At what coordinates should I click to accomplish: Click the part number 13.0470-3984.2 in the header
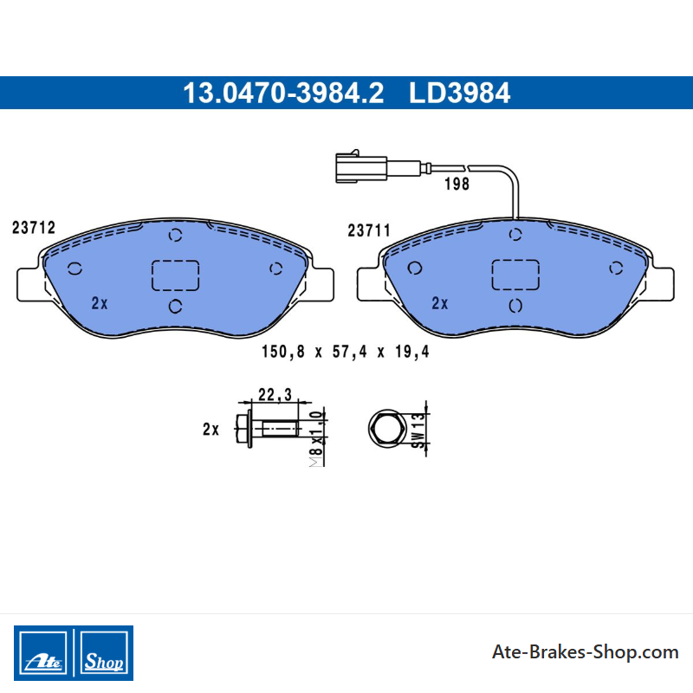click(283, 93)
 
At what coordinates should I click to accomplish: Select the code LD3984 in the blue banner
click(459, 93)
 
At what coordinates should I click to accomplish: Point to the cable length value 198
click(457, 184)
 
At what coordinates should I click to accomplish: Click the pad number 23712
click(34, 228)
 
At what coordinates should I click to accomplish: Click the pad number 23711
click(369, 230)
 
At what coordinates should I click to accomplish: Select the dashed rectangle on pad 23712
click(176, 275)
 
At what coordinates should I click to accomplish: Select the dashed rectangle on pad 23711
click(515, 275)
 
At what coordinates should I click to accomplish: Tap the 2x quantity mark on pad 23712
click(100, 303)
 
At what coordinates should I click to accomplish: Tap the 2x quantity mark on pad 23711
click(440, 303)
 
